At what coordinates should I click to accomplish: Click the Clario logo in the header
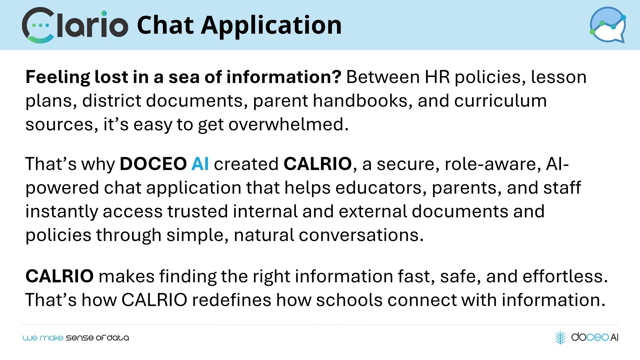coord(75,25)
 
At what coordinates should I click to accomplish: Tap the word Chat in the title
coord(165,25)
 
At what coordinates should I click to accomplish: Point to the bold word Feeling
coord(58,78)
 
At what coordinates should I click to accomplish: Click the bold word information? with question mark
coord(284,77)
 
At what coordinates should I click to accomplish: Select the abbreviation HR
coord(437,77)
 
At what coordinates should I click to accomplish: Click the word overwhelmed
coord(288,124)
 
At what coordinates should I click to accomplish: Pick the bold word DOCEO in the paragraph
coord(153,164)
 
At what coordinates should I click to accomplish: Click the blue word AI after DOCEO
coord(200,164)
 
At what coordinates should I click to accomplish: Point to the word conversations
coord(361,235)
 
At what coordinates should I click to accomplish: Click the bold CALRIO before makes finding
coord(60,276)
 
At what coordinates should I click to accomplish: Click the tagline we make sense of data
coord(76,338)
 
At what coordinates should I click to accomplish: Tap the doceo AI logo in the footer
coord(586,337)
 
